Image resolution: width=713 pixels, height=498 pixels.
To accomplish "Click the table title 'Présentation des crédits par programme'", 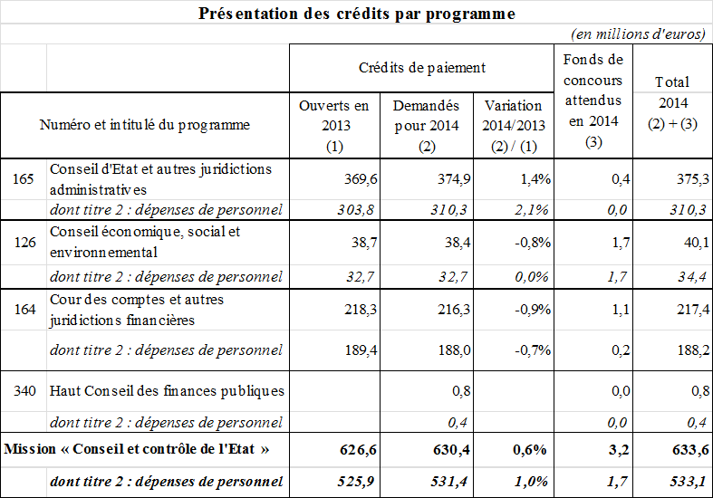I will click(356, 14).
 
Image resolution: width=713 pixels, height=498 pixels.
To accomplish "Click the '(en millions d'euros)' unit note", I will click(638, 34).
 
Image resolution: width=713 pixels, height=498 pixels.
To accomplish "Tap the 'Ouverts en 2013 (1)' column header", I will click(334, 125).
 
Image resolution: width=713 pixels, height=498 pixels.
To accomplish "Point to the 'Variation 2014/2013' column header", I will click(514, 115).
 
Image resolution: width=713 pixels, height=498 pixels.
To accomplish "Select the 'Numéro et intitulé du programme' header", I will click(145, 125).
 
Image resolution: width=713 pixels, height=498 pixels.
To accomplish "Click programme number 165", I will click(24, 178).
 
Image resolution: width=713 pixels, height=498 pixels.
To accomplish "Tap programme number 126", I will click(24, 242).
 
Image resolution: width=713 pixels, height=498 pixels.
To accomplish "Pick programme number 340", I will click(24, 391).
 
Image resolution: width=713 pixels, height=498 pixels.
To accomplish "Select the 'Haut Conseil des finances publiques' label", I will click(168, 391).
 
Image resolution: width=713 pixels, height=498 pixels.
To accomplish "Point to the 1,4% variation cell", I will click(536, 179).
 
